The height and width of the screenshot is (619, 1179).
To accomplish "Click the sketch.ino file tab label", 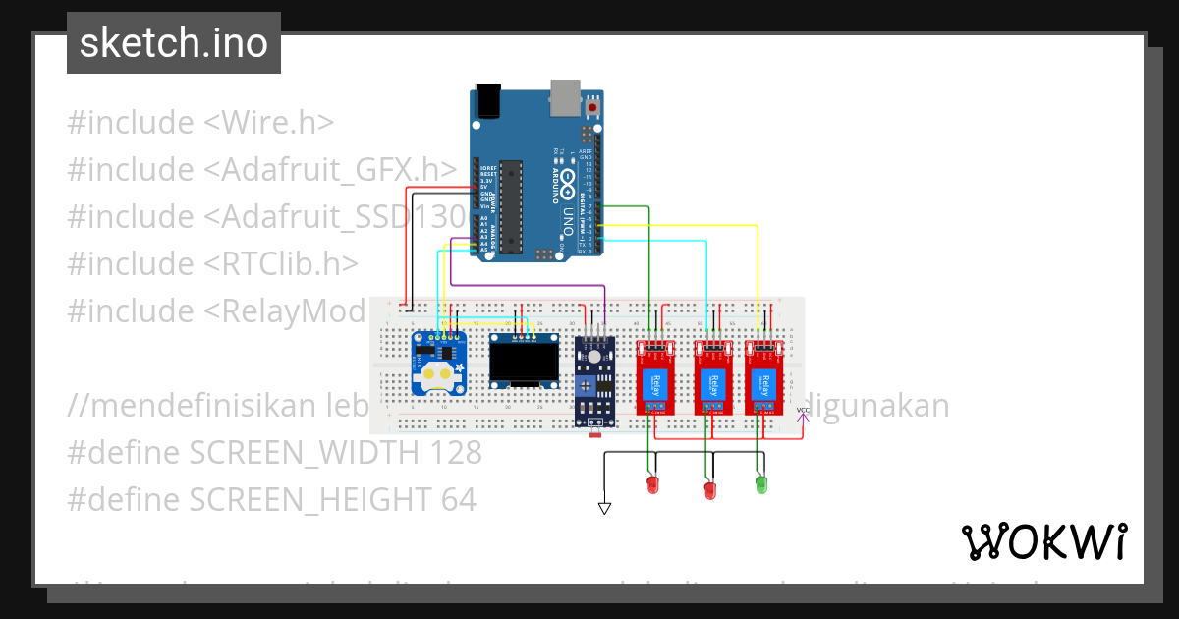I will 174,44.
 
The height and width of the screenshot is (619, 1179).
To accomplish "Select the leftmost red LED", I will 650,483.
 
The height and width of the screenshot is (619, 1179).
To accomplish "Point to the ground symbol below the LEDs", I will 604,508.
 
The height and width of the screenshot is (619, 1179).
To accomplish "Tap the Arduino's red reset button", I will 593,104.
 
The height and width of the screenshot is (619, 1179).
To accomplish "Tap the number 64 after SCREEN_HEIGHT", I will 457,499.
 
